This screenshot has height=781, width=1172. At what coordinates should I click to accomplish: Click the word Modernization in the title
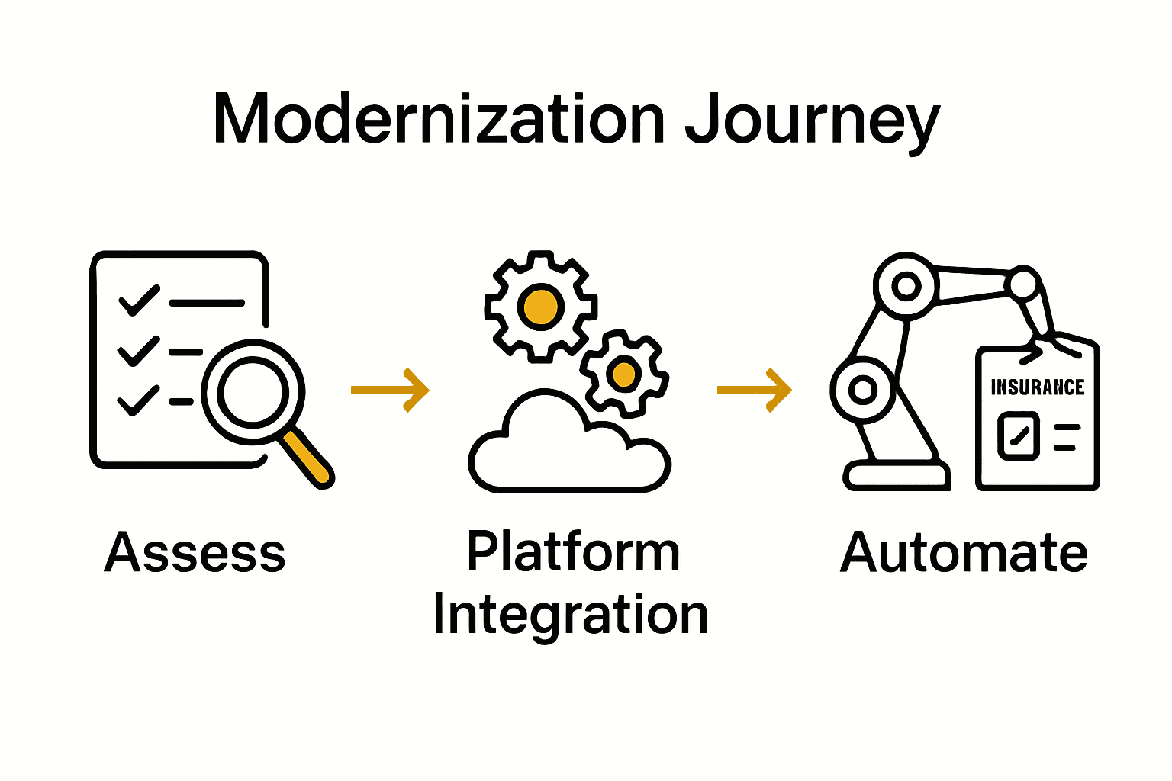pos(439,119)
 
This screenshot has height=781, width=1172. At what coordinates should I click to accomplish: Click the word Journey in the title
pos(812,122)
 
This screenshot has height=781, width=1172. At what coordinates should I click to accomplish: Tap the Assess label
pos(195,553)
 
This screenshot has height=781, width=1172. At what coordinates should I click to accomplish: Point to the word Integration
pos(571,615)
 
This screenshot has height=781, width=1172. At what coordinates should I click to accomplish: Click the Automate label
pos(964,553)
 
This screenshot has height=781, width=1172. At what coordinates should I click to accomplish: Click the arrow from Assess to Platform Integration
pos(390,390)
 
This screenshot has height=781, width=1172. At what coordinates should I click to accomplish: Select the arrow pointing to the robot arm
pos(755,390)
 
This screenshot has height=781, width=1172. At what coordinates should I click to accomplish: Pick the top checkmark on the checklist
pos(139,300)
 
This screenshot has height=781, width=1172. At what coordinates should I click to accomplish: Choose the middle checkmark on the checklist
pos(138,351)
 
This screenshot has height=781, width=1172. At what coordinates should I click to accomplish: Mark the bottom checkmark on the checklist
pos(138,400)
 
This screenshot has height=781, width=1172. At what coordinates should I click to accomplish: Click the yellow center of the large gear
pos(541,306)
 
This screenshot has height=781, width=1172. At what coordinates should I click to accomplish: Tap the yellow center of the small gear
pos(624,374)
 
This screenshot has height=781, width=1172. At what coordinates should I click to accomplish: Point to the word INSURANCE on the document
pos(1037,387)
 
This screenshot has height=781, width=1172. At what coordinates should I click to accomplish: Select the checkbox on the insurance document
pos(1019,435)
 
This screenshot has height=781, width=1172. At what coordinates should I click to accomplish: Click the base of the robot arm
pos(896,476)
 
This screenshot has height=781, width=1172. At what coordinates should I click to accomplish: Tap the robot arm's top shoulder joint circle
pos(906,286)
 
